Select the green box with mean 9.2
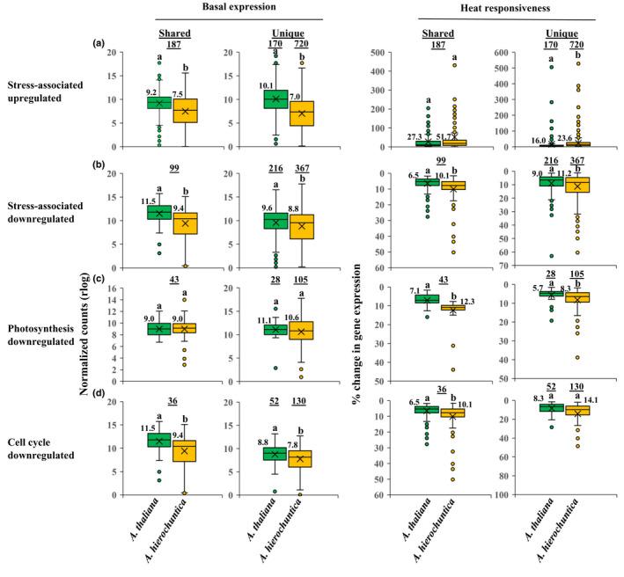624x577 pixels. tap(158, 103)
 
